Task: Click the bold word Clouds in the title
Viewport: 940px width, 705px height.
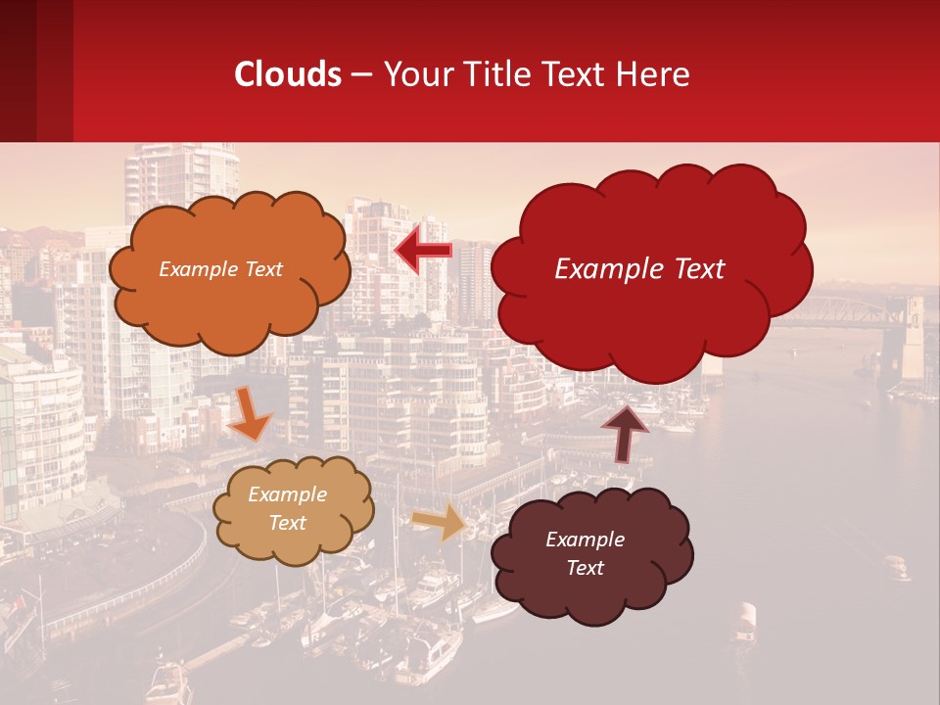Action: coord(288,74)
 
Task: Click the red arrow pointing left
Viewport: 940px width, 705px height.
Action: coord(423,252)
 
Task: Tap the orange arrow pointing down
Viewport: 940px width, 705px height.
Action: coord(250,415)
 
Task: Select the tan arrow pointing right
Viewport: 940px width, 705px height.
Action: coord(439,522)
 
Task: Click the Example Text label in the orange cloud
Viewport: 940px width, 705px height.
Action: coord(220,269)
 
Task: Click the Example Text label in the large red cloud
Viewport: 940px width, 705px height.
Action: coord(639,269)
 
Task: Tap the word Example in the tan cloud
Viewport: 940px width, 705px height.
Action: coord(288,495)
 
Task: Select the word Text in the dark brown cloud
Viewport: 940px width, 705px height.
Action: coord(586,568)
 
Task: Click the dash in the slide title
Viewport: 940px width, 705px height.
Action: coord(361,75)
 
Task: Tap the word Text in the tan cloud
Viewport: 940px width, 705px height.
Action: coord(288,523)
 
